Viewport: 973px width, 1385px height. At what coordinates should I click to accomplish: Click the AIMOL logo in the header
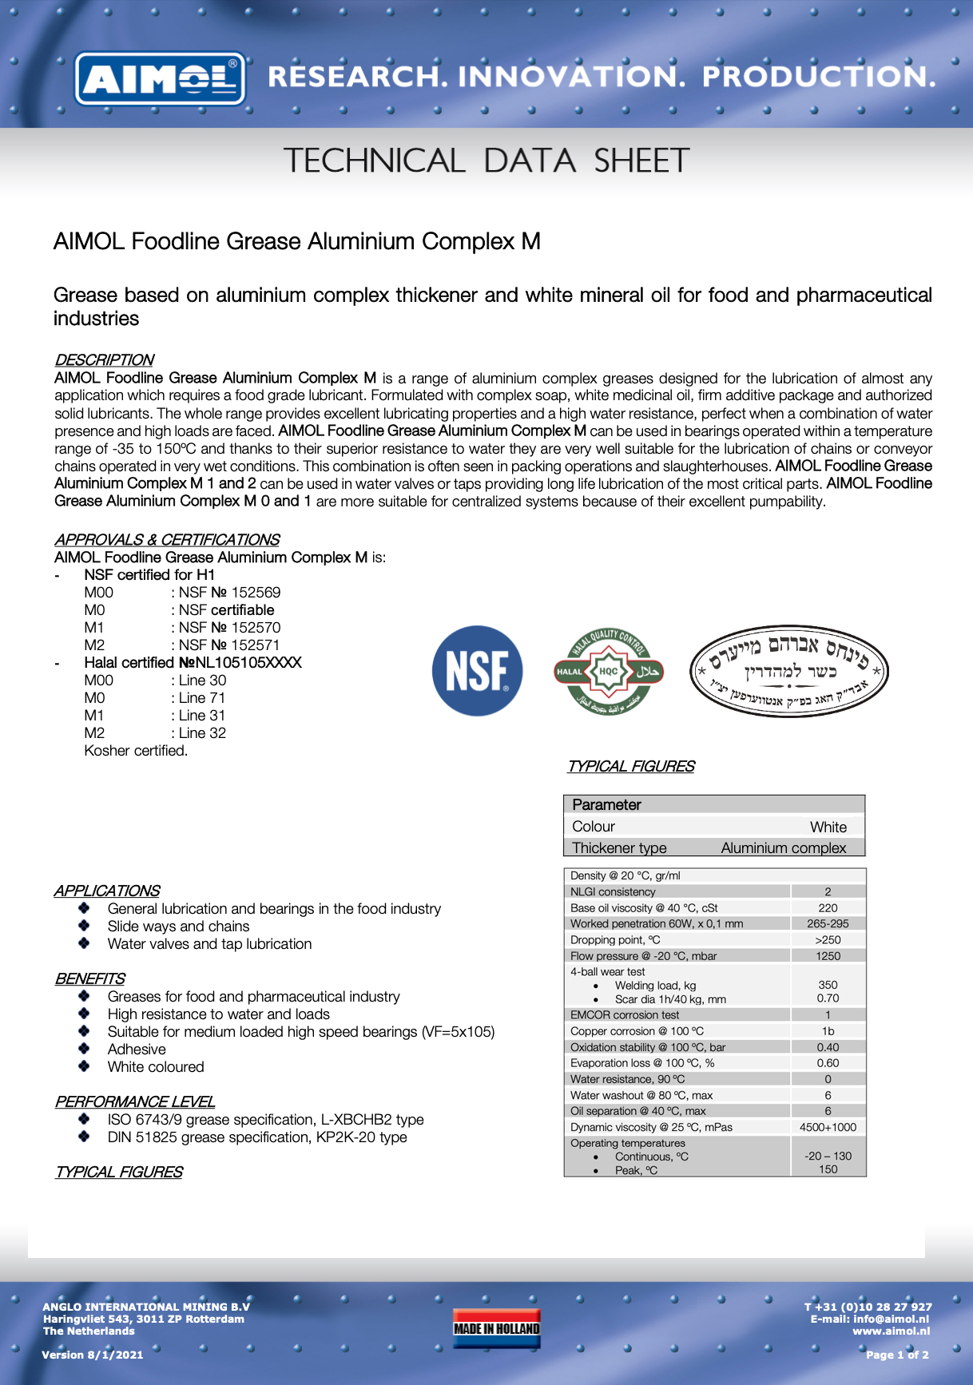160,78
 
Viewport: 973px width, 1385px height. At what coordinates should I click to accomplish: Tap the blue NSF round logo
477,670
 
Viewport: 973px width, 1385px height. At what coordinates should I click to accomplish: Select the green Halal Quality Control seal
609,671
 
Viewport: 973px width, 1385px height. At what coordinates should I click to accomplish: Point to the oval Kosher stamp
789,671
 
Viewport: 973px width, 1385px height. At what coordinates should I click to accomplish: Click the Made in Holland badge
496,1328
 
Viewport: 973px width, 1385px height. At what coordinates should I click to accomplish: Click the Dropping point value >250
828,940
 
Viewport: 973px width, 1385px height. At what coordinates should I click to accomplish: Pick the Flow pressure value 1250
828,956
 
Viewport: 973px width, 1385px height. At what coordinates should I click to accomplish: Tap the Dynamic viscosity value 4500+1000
828,1127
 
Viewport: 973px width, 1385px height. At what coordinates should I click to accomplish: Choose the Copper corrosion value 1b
828,1031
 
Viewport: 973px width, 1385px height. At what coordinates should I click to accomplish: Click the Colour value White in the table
828,827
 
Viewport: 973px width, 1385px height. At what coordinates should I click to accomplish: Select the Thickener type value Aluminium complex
783,848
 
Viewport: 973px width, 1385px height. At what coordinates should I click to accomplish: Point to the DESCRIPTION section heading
104,360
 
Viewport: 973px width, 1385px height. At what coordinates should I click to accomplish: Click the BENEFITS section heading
89,979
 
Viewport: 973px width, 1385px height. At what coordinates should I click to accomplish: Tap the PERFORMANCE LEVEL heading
134,1102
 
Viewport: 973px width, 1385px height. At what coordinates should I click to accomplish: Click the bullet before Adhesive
84,1049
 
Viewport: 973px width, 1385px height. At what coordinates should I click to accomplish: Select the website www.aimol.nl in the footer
891,1331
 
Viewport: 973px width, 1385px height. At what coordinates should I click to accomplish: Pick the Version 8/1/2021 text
93,1355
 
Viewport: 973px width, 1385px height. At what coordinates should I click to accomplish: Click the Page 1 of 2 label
897,1355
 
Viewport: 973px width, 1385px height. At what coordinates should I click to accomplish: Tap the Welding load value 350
828,986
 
